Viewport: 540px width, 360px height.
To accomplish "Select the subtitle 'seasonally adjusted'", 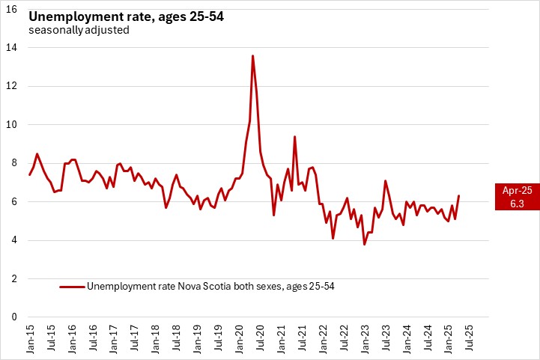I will point(79,31).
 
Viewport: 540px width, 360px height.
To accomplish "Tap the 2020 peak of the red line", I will point(252,56).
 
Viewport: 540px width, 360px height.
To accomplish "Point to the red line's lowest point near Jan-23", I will point(365,244).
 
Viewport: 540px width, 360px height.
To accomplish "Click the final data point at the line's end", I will point(458,196).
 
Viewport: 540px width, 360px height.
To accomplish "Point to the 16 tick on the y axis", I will point(12,9).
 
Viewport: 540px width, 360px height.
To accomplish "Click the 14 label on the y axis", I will point(12,47).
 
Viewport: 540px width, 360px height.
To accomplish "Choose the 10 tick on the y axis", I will point(12,124).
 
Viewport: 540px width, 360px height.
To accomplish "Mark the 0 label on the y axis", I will point(14,317).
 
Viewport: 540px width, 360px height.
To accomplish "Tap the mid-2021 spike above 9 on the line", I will point(294,137).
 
